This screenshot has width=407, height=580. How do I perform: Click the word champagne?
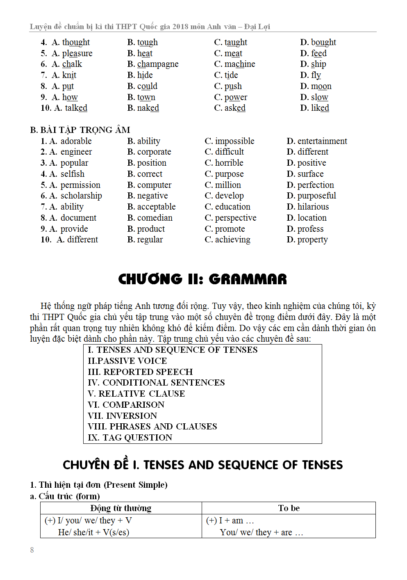pos(158,64)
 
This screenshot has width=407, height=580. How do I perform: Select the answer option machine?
pos(240,64)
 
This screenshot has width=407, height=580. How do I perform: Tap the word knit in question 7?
pos(69,75)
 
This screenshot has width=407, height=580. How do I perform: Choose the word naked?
pos(148,108)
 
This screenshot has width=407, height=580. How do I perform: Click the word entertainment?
pos(322,141)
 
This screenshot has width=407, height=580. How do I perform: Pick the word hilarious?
pos(313,207)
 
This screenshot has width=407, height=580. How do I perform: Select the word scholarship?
pos(81,196)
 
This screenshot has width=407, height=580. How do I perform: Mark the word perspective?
pos(236,218)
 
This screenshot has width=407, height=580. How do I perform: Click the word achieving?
pos(233,240)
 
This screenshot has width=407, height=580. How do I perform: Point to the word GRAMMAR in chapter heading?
pos(248,279)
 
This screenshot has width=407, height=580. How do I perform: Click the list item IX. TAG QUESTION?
pos(130,438)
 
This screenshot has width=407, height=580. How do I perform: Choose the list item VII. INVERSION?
pos(122,416)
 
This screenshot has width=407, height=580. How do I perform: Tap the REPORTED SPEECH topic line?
pos(140,372)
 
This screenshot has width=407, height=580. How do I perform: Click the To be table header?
pos(289,508)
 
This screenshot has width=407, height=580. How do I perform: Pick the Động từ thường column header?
pos(121,508)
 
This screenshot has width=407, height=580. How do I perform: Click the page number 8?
pos(32,550)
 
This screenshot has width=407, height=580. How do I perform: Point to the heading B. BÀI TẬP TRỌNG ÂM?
pos(80,130)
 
